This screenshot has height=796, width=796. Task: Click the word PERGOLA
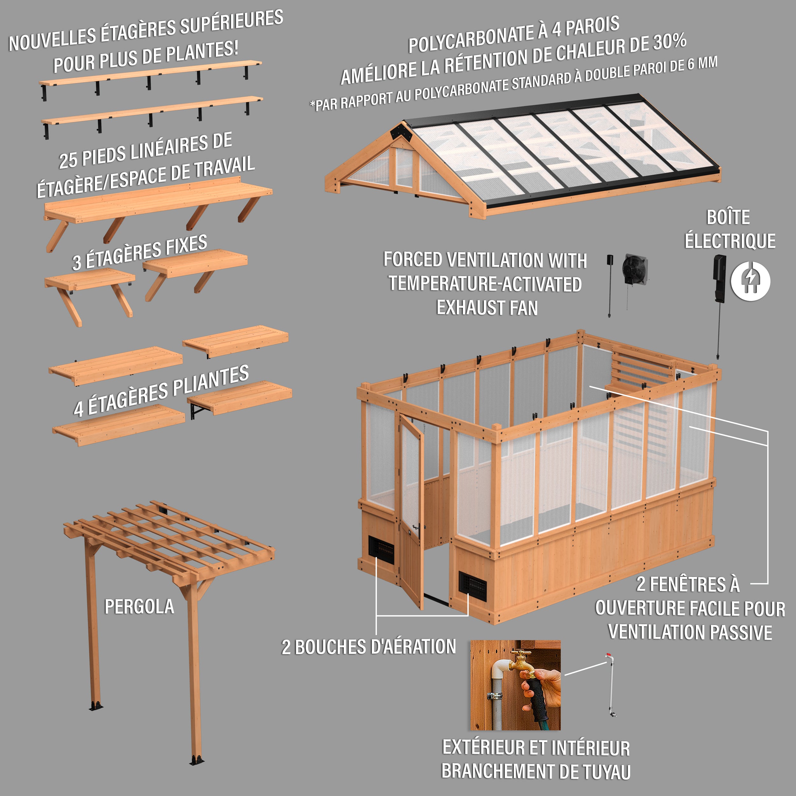click(139, 607)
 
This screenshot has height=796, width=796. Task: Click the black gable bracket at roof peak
click(400, 132)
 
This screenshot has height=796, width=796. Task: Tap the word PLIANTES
click(210, 380)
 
